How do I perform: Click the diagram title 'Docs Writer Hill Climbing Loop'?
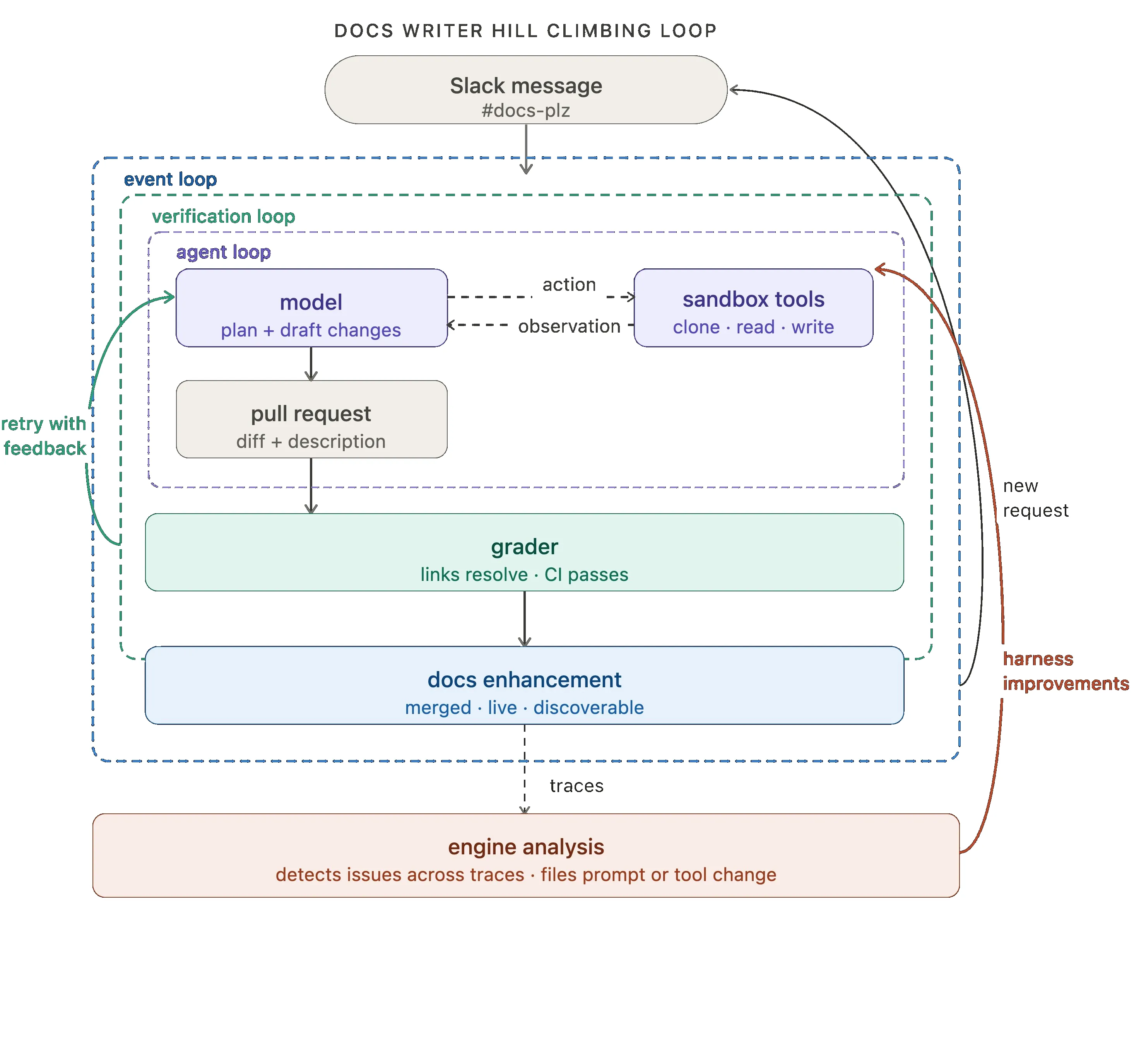click(x=525, y=30)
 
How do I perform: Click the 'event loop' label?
click(x=170, y=179)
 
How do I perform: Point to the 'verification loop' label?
click(x=223, y=216)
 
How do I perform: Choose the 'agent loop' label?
click(x=223, y=252)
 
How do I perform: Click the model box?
click(x=311, y=307)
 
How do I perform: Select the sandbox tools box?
click(x=754, y=307)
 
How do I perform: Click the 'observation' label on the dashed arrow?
click(x=569, y=326)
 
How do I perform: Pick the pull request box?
click(x=311, y=419)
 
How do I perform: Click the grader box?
click(x=525, y=552)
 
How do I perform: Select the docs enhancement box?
click(x=525, y=685)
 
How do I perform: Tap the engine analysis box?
click(x=526, y=856)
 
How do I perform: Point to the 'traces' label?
click(x=576, y=786)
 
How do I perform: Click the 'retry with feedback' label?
click(x=44, y=436)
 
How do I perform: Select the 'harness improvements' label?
click(x=1066, y=671)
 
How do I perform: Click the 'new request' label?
click(x=1035, y=498)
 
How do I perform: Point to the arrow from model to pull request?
click(x=311, y=364)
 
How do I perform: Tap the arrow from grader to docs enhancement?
click(x=525, y=619)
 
